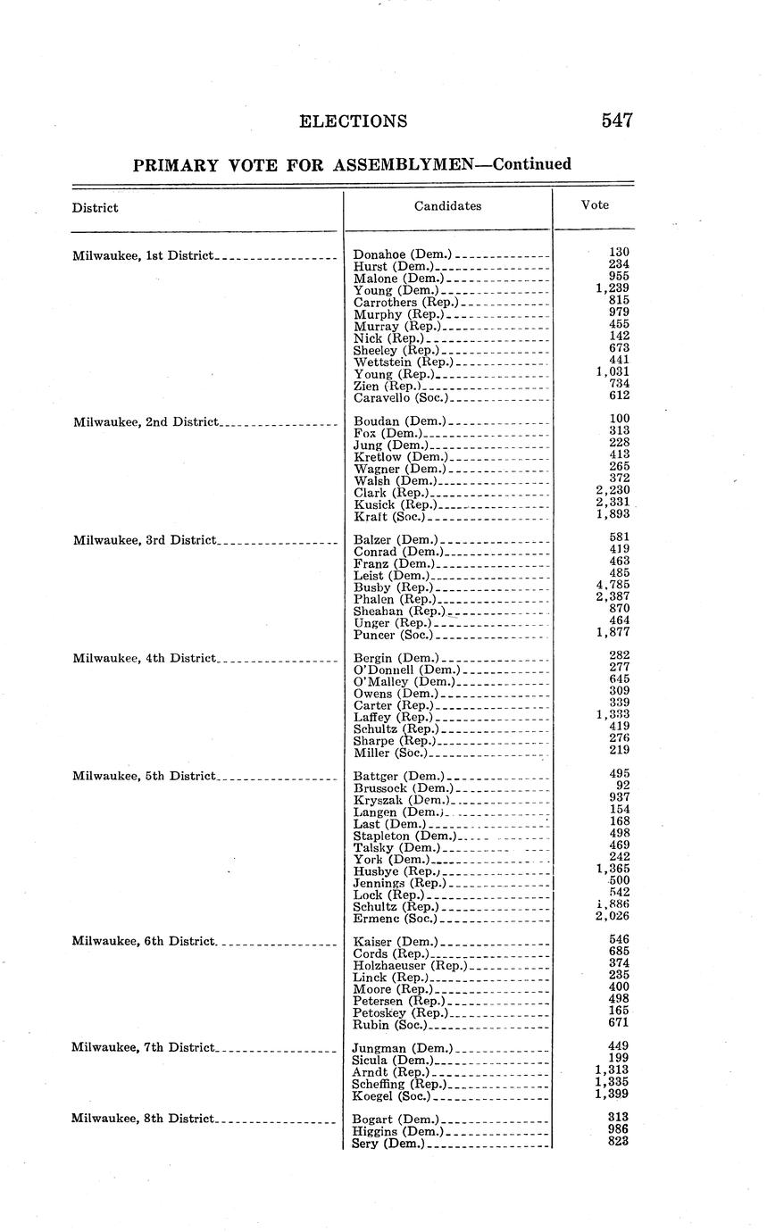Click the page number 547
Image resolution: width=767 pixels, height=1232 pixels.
617,121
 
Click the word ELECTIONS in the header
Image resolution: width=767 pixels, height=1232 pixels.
354,121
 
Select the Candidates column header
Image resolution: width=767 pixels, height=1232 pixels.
447,205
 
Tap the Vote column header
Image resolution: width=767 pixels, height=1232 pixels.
595,204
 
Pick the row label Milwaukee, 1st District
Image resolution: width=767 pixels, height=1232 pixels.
143,255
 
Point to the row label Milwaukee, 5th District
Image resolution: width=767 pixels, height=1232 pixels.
144,776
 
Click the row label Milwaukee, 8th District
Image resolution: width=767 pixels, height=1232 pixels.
143,1119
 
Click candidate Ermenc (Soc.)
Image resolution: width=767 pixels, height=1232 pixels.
395,918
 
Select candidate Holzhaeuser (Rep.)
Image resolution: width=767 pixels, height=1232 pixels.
409,965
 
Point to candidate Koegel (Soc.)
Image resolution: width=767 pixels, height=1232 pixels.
391,1095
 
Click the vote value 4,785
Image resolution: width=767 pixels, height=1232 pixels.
613,586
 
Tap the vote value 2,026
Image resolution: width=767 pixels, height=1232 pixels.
613,916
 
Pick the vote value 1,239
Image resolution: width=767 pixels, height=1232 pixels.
613,288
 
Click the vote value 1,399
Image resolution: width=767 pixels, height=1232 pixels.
613,1094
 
